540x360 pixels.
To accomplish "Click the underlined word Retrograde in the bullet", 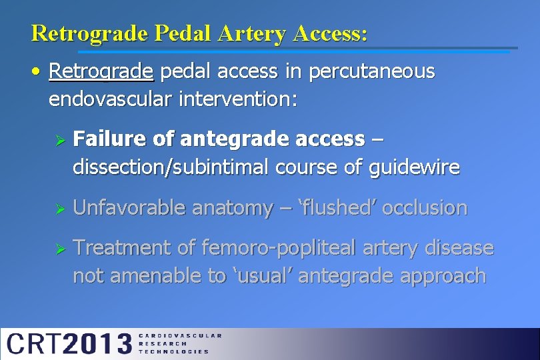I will tap(101, 72).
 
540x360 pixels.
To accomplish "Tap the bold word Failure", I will tap(110, 139).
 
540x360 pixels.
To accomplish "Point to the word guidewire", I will tap(414, 167).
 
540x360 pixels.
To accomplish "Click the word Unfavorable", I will tap(129, 208).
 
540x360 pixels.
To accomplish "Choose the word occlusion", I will tap(425, 208).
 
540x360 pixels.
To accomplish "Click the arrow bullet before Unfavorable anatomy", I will tap(59, 209).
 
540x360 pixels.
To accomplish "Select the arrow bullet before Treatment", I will tap(59, 249).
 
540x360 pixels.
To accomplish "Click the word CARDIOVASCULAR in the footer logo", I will tap(180, 336).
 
